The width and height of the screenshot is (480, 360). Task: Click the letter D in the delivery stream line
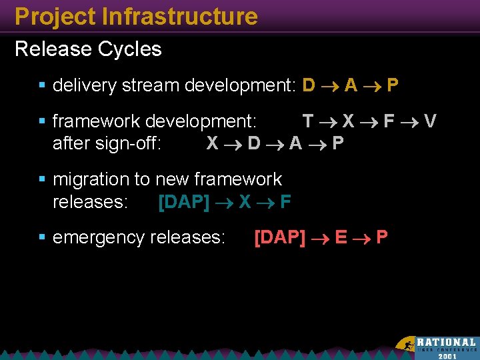point(309,85)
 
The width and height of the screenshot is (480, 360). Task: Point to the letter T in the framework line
point(308,121)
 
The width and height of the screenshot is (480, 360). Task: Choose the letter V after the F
point(431,121)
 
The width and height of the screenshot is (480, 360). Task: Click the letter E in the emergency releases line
point(341,237)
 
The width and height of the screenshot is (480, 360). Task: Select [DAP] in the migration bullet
point(184,202)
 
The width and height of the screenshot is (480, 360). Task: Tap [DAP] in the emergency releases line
point(280,237)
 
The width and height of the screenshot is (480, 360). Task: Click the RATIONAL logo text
point(447,342)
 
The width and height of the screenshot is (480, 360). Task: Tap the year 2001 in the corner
point(447,355)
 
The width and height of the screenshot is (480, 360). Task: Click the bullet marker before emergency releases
point(43,237)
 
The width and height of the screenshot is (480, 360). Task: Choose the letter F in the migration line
point(285,202)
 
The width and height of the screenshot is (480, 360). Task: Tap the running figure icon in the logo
point(405,345)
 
